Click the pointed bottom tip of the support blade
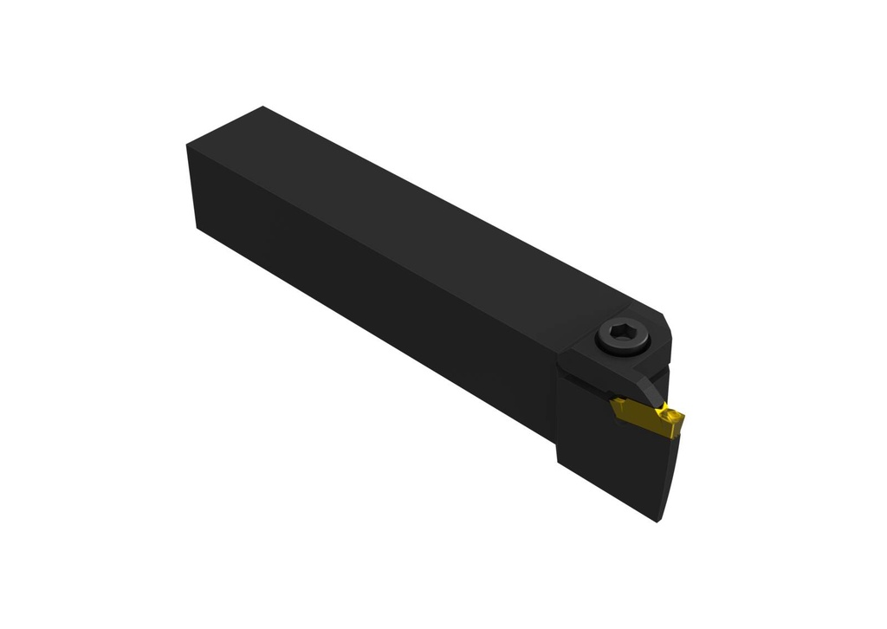[x=660, y=521]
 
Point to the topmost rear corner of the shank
[x=262, y=107]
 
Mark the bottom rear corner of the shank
[x=198, y=227]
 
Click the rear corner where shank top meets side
[x=188, y=145]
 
